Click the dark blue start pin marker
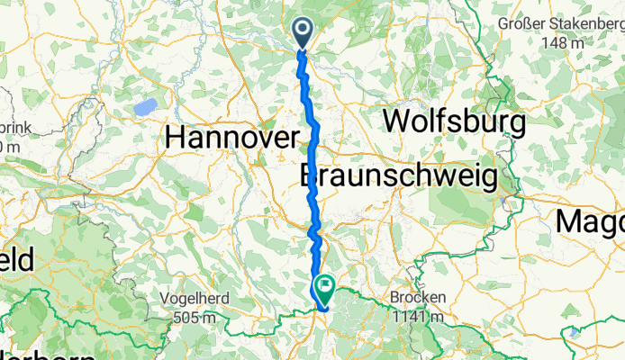click(x=302, y=34)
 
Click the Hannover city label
click(x=232, y=138)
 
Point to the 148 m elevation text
click(x=565, y=42)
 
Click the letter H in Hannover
click(x=177, y=138)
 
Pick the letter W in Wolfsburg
click(x=396, y=120)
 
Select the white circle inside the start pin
click(x=302, y=31)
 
